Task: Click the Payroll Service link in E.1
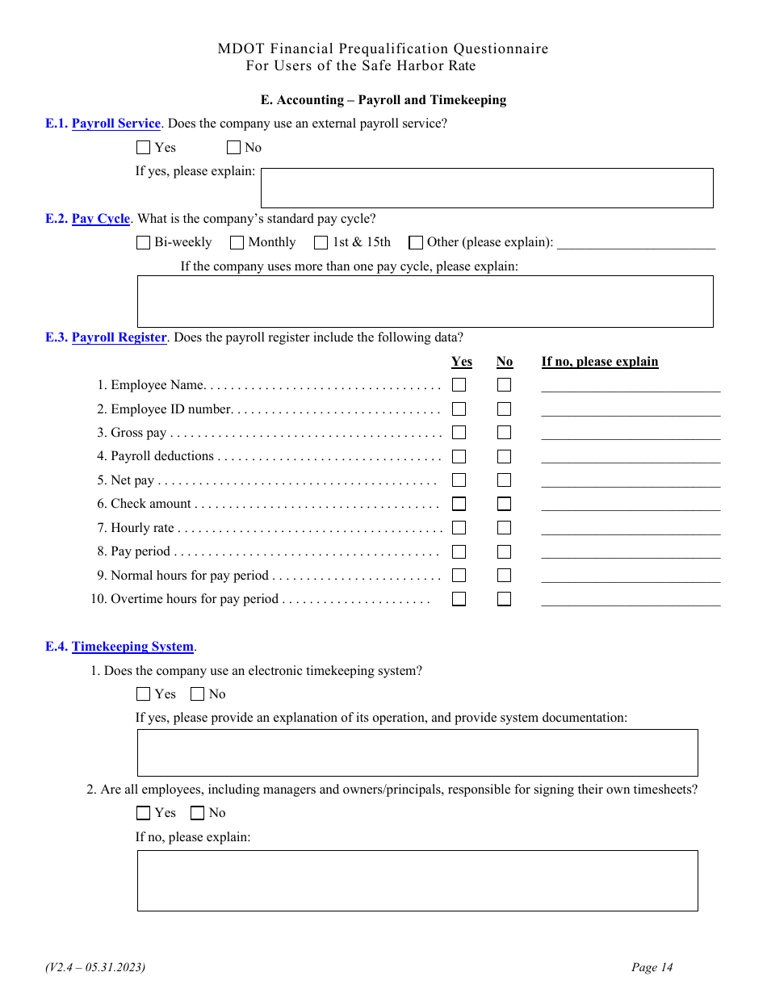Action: click(x=116, y=124)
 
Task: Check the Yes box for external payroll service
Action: click(x=144, y=148)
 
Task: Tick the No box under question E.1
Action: click(x=233, y=148)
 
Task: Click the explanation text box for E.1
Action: click(x=486, y=188)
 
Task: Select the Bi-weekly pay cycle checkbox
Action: click(x=144, y=242)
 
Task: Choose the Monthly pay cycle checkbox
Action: click(x=237, y=242)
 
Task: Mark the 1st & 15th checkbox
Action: click(x=321, y=242)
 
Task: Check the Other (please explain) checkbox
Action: click(x=416, y=242)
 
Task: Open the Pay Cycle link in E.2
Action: click(x=101, y=219)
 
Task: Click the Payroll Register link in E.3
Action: click(x=119, y=337)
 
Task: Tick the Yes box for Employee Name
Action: click(x=459, y=385)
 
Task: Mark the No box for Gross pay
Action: click(x=505, y=433)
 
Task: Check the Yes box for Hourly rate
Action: click(x=459, y=528)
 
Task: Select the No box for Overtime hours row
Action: click(x=505, y=599)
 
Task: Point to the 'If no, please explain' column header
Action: click(x=600, y=362)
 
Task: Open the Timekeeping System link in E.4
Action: click(x=133, y=647)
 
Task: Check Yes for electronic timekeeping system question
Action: click(x=144, y=694)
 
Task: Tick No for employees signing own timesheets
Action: click(x=198, y=813)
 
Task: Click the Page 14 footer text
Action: click(x=652, y=967)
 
